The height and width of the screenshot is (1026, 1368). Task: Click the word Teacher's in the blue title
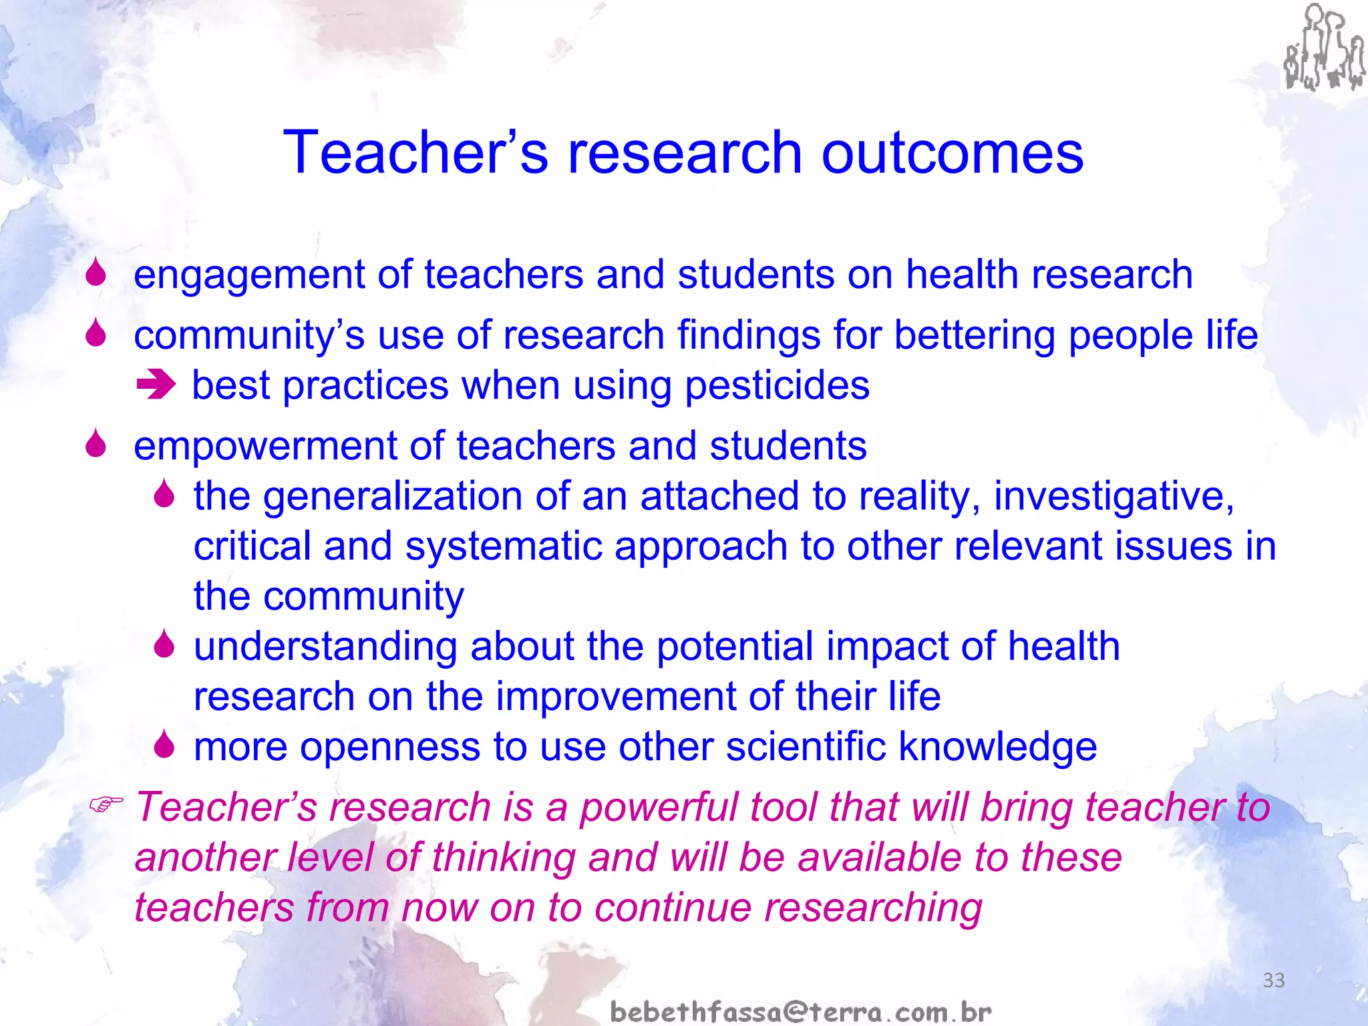coord(415,154)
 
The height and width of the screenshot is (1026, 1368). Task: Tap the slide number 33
coord(1274,981)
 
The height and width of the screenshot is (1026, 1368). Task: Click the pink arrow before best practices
coord(156,385)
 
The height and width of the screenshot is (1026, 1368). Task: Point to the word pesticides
coord(778,386)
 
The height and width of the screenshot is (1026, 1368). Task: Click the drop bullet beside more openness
coord(164,744)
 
